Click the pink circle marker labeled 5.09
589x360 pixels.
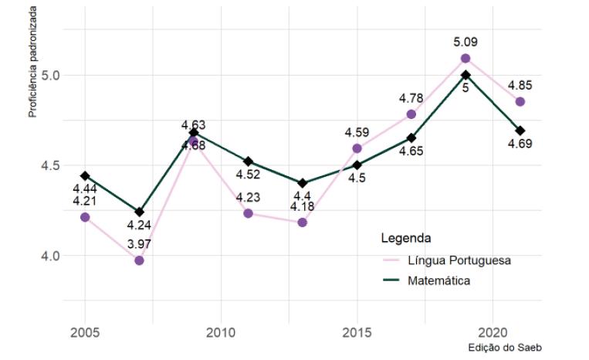point(465,59)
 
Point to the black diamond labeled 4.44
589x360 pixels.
point(85,176)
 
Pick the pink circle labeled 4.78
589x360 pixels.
point(411,114)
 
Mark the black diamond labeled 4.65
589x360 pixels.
point(411,138)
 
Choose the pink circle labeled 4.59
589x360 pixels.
point(357,148)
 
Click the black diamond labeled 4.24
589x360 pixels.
point(139,212)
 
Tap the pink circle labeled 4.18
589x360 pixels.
point(303,222)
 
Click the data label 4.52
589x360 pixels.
point(248,175)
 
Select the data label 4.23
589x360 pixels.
point(248,198)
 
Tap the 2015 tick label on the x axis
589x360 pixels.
point(357,333)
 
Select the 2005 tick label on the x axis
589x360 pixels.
point(85,333)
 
